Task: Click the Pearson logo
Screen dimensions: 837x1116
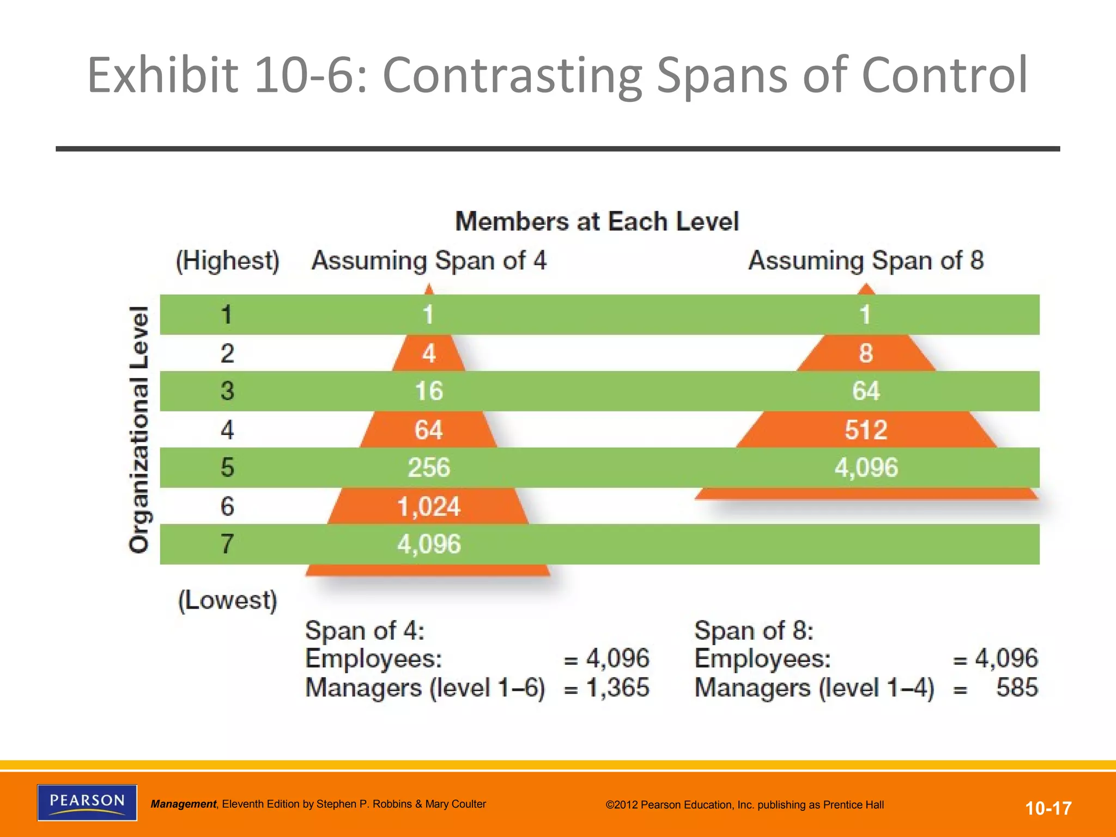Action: click(87, 802)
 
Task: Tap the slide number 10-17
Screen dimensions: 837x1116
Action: click(1048, 808)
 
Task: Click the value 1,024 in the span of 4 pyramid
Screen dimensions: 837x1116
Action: click(429, 507)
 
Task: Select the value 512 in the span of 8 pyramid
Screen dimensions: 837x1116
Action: click(866, 430)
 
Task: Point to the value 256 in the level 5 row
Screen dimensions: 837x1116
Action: click(429, 468)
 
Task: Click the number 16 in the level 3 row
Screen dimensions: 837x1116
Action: click(429, 391)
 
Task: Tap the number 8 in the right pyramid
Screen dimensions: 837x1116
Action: click(866, 353)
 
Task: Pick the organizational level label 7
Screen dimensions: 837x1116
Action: click(227, 544)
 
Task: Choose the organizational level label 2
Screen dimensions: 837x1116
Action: click(227, 354)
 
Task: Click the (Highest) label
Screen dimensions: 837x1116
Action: click(227, 260)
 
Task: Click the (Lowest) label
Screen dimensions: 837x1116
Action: click(227, 600)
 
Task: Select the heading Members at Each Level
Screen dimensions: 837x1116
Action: click(597, 222)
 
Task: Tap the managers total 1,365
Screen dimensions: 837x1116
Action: click(617, 688)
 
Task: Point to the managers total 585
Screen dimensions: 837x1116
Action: click(1017, 688)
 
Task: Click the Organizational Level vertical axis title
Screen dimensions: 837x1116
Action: click(139, 429)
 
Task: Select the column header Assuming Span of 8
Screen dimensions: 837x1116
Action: click(866, 260)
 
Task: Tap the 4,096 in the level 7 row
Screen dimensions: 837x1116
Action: click(429, 544)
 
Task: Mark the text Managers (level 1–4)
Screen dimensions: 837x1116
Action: click(814, 688)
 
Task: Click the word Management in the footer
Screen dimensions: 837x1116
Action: click(183, 804)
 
